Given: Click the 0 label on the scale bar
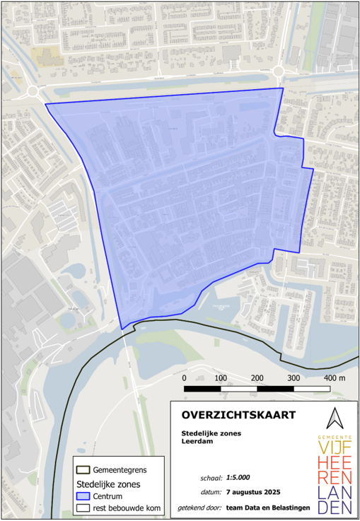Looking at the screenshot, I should (x=185, y=378).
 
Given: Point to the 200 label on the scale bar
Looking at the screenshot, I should (x=257, y=378).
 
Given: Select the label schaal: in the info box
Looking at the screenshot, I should (x=210, y=477).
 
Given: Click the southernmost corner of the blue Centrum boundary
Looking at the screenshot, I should (x=122, y=329).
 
